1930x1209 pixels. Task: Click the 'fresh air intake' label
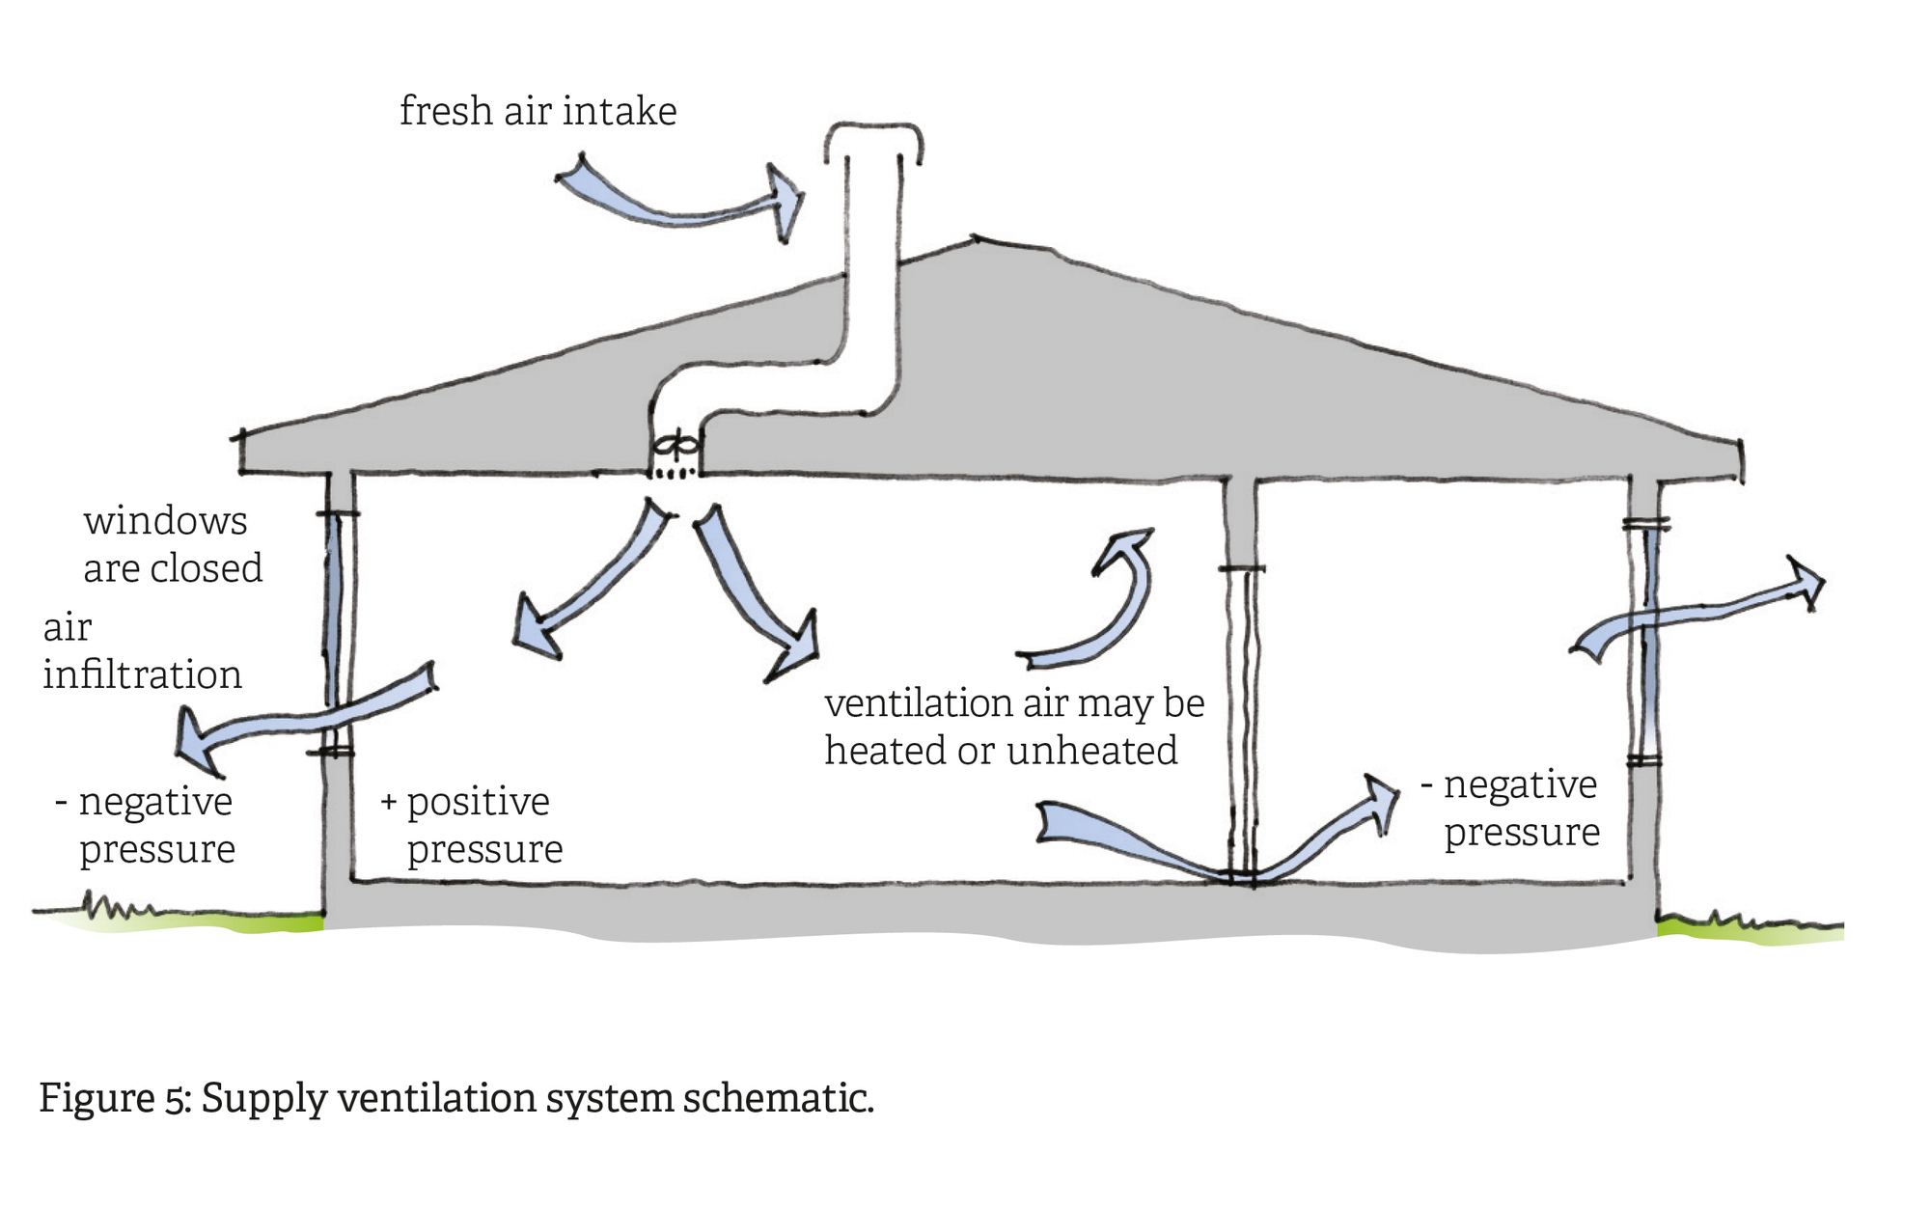point(538,112)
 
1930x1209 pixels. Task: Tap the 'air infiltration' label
point(141,651)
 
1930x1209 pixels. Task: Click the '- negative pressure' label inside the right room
point(1515,809)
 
